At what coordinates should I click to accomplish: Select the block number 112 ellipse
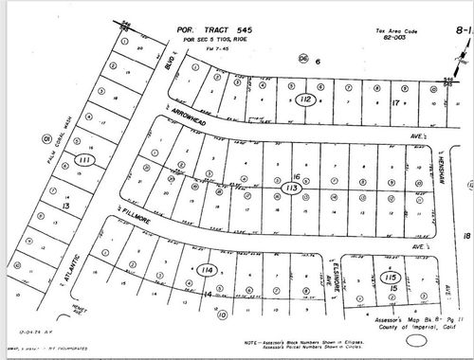tap(304, 99)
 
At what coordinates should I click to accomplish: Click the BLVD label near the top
tap(166, 66)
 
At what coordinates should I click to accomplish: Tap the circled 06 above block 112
tap(303, 58)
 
